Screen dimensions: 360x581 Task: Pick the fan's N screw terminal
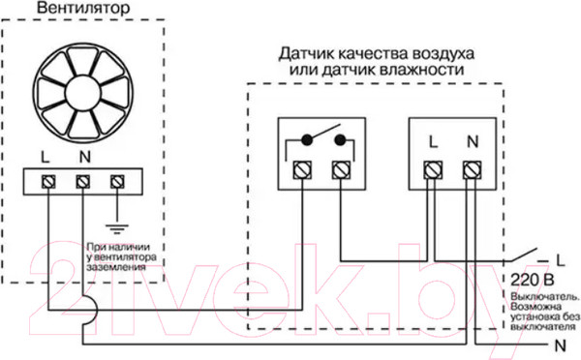pos(82,180)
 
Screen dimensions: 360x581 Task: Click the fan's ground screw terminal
pos(118,180)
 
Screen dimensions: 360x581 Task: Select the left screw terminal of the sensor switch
pos(302,170)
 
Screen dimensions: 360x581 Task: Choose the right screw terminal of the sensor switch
pos(339,170)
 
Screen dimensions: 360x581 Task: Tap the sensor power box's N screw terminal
pos(472,170)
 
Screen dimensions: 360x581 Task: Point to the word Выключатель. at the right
pos(545,295)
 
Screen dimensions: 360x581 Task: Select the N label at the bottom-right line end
pos(560,345)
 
